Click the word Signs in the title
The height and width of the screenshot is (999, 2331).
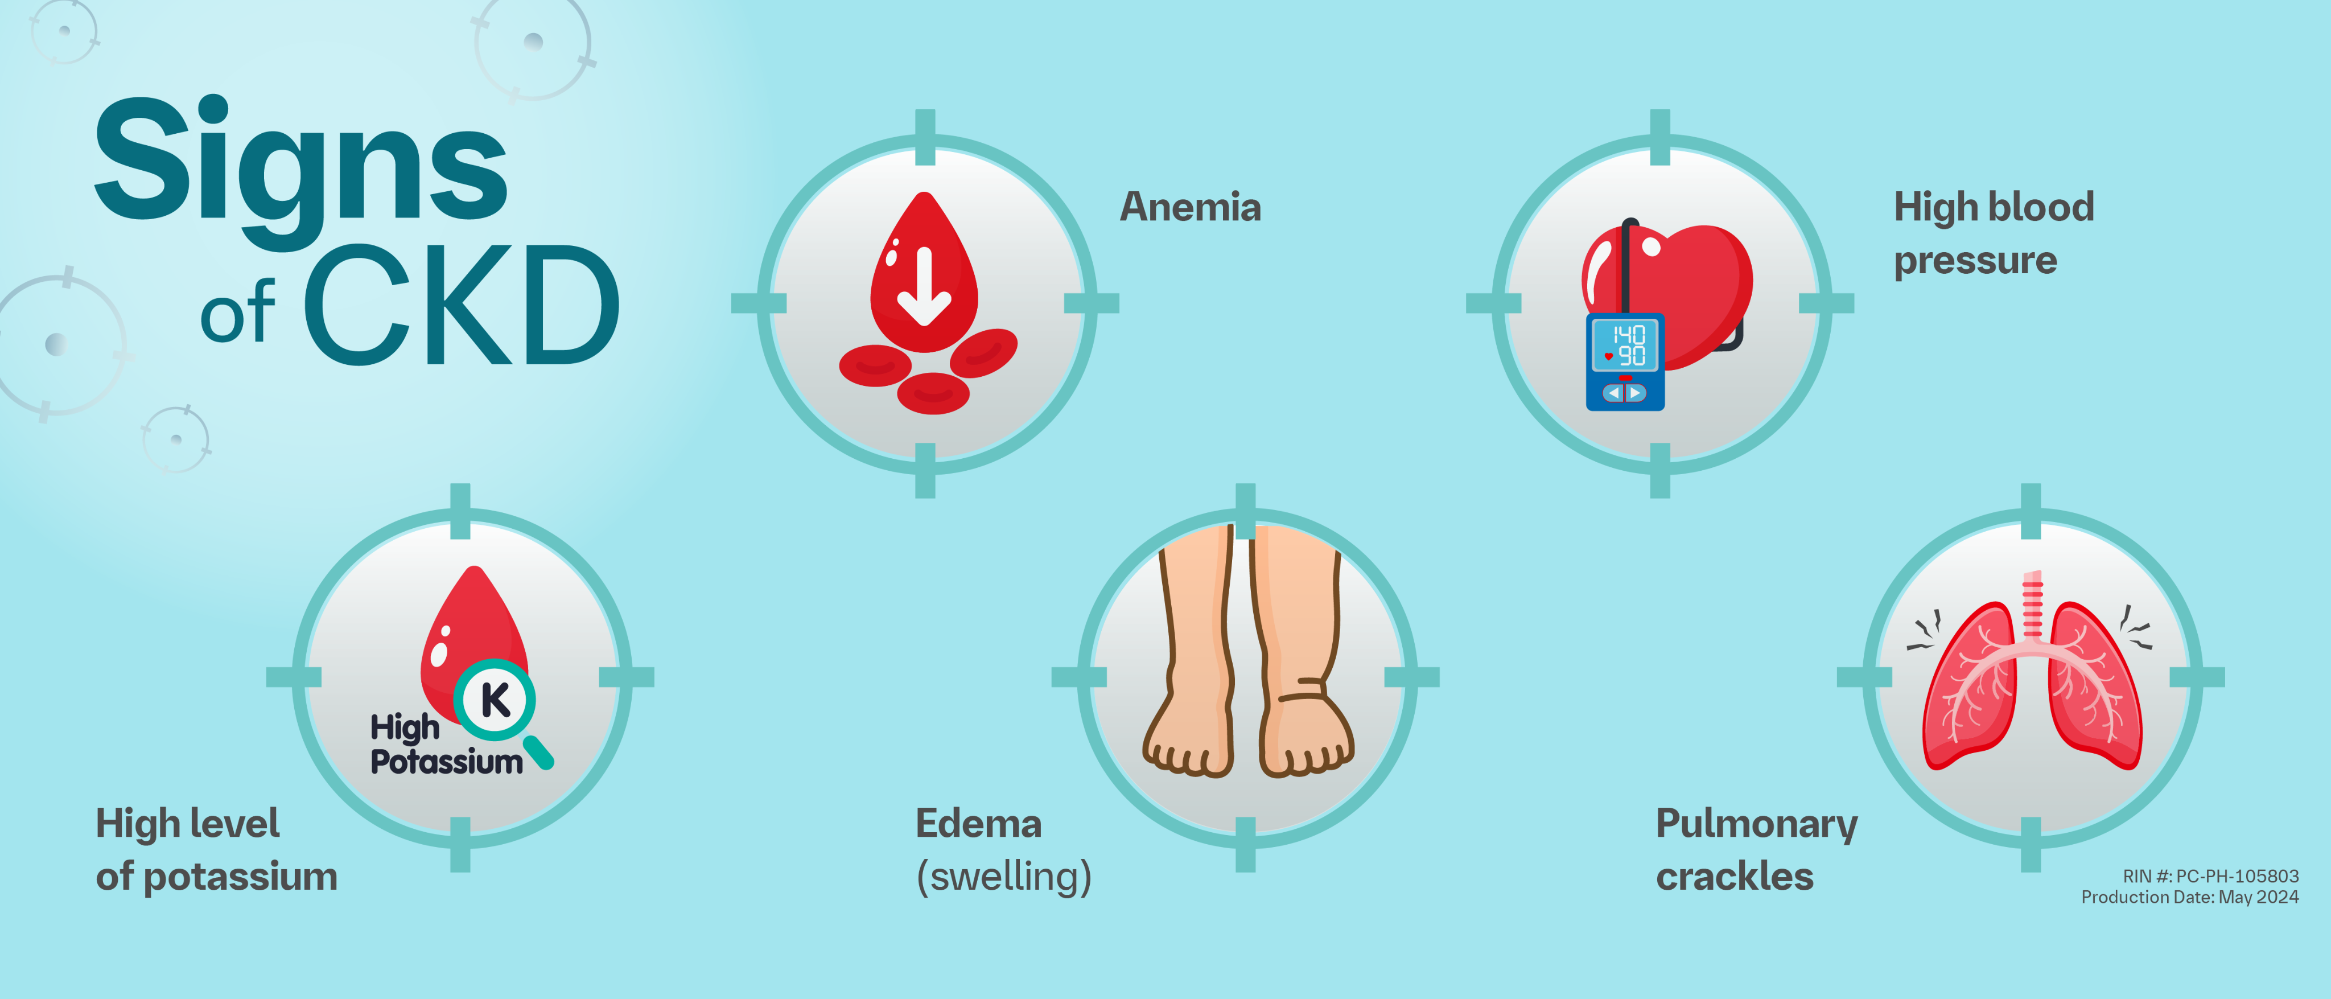(300, 163)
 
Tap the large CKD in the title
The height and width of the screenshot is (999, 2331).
(462, 306)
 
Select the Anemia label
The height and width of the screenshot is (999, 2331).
(1190, 207)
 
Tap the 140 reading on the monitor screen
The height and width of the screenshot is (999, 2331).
(1629, 335)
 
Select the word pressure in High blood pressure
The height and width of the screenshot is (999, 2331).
(1975, 261)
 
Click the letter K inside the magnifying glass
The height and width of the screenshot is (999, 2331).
(495, 700)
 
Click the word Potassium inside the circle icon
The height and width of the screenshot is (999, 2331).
(447, 762)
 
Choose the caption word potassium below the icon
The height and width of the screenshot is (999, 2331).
(241, 877)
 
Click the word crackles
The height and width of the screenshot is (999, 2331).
(1735, 877)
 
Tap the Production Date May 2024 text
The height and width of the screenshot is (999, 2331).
(2190, 897)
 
